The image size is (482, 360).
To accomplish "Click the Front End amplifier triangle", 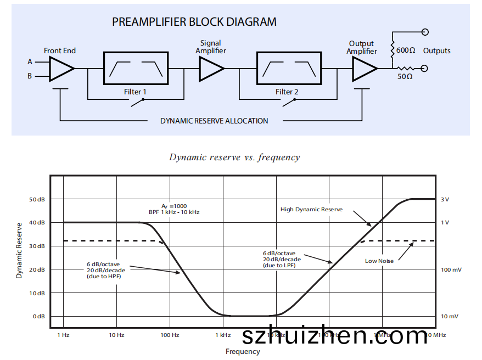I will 60,69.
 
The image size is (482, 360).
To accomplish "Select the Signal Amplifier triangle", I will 211,69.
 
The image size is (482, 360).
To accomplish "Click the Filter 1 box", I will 136,68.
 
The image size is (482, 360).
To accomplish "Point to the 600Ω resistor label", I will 405,50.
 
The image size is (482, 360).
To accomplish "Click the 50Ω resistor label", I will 405,76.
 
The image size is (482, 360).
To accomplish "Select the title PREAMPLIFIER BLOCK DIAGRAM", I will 194,22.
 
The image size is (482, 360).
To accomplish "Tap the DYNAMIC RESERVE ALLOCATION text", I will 214,121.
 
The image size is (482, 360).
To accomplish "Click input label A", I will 30,61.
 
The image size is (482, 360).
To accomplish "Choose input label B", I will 30,76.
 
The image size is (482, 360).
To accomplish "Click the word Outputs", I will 437,50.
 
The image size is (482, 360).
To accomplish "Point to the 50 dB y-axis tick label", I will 37,199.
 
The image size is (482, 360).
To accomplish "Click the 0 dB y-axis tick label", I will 38,317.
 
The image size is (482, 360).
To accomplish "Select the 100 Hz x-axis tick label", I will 170,335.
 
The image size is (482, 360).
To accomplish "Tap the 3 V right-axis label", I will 445,199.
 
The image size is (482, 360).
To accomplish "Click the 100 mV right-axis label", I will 451,269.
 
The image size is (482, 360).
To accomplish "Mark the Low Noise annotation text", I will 379,261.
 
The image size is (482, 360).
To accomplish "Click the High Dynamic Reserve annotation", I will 311,209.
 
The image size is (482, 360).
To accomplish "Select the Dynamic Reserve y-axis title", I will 19,250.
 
